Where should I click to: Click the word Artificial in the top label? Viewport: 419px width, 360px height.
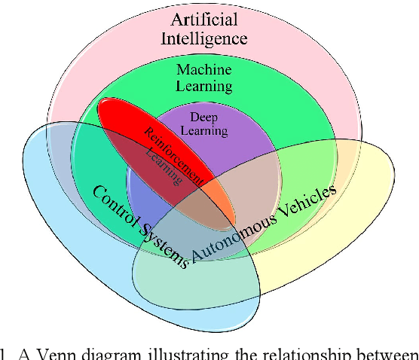203,19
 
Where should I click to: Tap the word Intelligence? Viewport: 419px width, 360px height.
203,38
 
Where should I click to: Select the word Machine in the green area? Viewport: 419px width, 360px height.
203,70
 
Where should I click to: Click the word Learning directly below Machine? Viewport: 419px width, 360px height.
203,86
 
